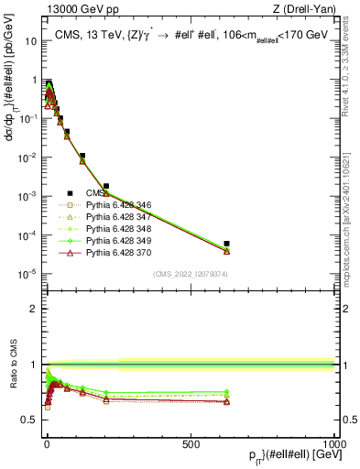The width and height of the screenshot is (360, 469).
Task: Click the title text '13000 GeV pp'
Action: pyautogui.click(x=73, y=9)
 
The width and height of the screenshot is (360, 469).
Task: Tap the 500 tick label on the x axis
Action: pyautogui.click(x=191, y=442)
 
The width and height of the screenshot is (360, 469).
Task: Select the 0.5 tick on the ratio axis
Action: pyautogui.click(x=32, y=420)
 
